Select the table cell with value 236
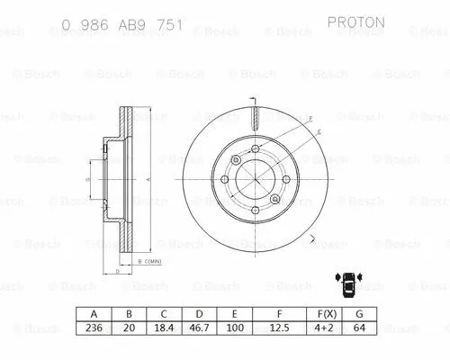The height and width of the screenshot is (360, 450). (93, 328)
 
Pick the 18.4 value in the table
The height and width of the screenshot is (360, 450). (164, 328)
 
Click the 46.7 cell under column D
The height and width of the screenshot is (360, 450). (199, 328)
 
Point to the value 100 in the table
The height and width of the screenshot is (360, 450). (235, 328)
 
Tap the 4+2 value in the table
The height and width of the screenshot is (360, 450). (327, 328)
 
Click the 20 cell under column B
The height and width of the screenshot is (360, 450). (129, 328)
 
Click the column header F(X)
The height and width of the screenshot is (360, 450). (327, 314)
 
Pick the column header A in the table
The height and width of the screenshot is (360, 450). (93, 314)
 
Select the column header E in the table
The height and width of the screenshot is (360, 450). (235, 314)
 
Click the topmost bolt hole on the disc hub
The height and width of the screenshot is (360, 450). (256, 150)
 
